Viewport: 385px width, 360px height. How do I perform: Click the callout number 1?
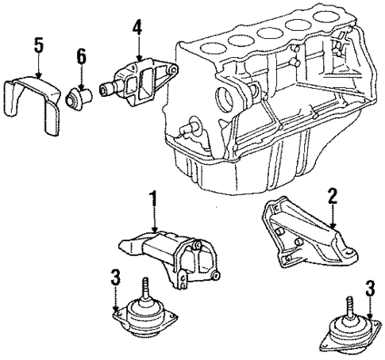click(x=152, y=201)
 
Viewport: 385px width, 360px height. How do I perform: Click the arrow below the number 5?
click(x=38, y=67)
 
